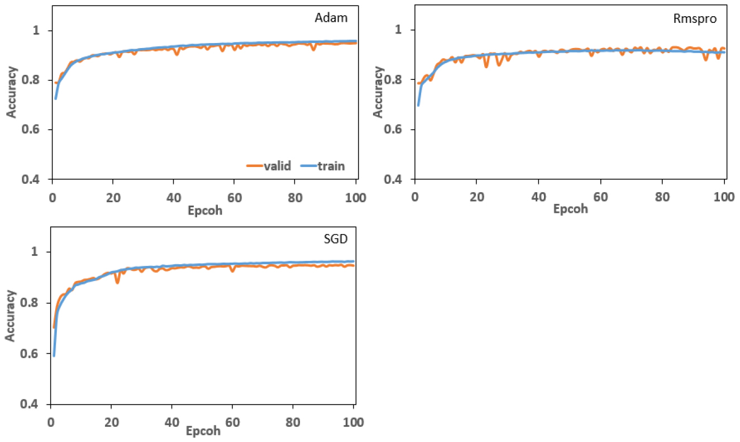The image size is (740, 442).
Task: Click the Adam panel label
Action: [x=332, y=17]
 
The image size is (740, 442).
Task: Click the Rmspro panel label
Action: [x=695, y=18]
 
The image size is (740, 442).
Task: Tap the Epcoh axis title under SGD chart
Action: [x=203, y=431]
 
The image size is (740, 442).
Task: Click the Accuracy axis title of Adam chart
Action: [x=12, y=92]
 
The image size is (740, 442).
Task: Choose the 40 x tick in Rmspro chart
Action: [x=538, y=197]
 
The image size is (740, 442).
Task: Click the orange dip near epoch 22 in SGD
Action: [x=117, y=282]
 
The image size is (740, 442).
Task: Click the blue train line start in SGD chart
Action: [x=54, y=355]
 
